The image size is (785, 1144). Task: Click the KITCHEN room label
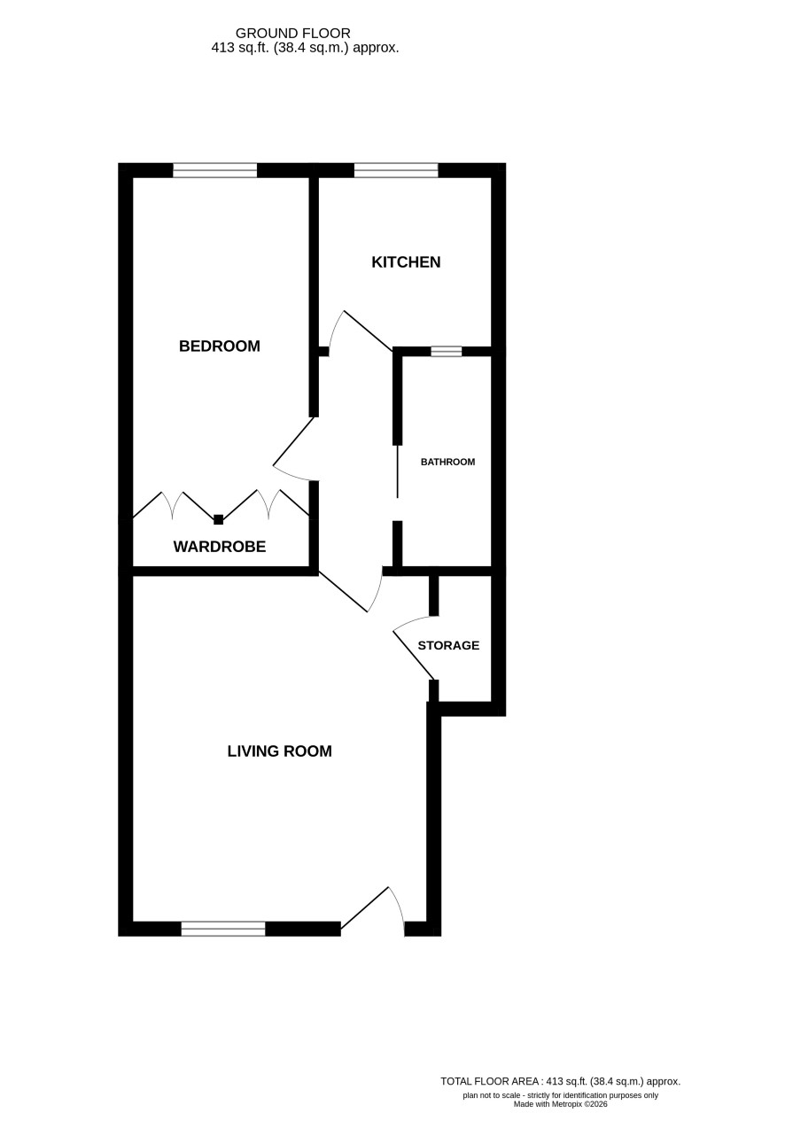pyautogui.click(x=406, y=262)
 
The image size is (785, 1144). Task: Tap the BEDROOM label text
pyautogui.click(x=220, y=346)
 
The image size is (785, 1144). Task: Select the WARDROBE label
pyautogui.click(x=220, y=547)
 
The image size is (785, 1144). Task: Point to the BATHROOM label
pyautogui.click(x=448, y=462)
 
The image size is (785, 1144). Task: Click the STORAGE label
pyautogui.click(x=448, y=645)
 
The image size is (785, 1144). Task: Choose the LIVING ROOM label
pyautogui.click(x=279, y=751)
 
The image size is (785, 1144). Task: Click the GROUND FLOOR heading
pyautogui.click(x=292, y=33)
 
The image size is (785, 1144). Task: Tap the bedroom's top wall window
pyautogui.click(x=215, y=170)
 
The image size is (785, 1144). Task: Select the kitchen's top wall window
pyautogui.click(x=396, y=170)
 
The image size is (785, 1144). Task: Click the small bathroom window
pyautogui.click(x=447, y=352)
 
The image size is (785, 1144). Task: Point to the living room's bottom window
pyautogui.click(x=223, y=929)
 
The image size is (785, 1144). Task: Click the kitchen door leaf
pyautogui.click(x=369, y=331)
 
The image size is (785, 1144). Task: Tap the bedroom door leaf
pyautogui.click(x=293, y=442)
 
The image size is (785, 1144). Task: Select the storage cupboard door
pyautogui.click(x=414, y=656)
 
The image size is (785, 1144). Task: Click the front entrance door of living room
pyautogui.click(x=365, y=907)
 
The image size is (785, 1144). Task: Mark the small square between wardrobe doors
pyautogui.click(x=219, y=520)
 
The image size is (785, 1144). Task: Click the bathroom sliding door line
pyautogui.click(x=397, y=471)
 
